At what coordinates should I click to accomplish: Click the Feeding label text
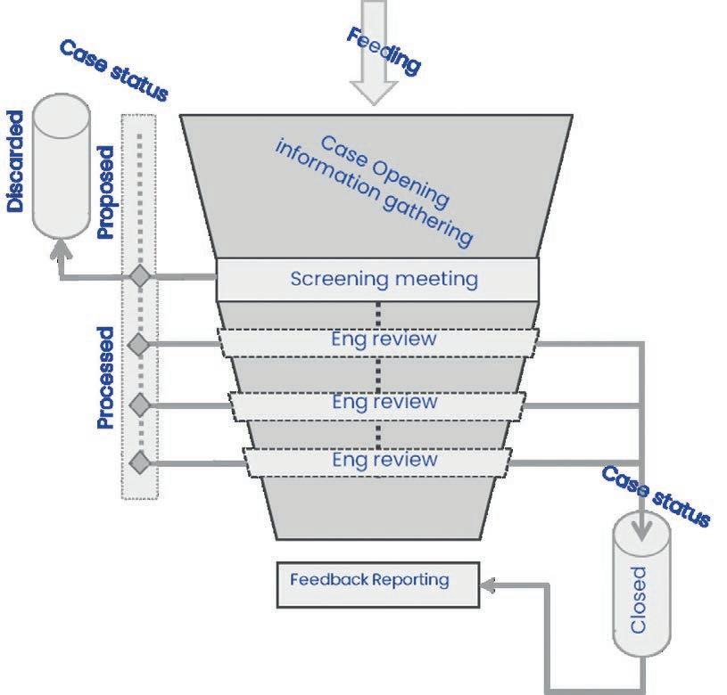point(382,50)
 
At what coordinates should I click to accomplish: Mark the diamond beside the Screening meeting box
point(139,276)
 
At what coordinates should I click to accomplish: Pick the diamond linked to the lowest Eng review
point(139,462)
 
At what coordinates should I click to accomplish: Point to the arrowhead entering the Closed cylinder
point(640,534)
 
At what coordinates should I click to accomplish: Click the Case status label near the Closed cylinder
point(656,495)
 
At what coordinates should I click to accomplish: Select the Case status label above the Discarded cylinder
point(112,70)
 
